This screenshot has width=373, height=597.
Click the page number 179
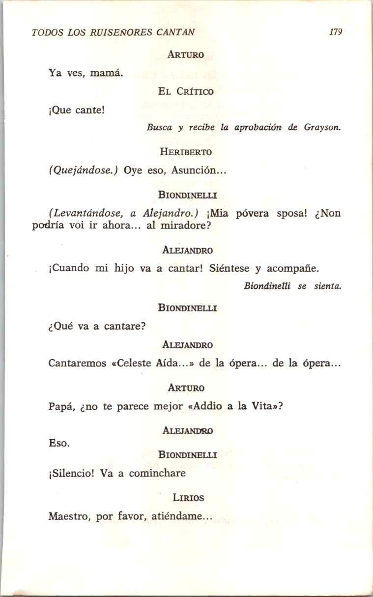click(336, 33)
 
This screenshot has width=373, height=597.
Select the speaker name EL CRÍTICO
click(186, 91)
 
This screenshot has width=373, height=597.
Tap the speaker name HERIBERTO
click(186, 152)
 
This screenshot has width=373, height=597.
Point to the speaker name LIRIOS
click(188, 498)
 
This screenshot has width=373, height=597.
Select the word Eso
click(58, 443)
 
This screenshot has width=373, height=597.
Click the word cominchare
click(158, 474)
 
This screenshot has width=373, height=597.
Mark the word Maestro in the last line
click(69, 517)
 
